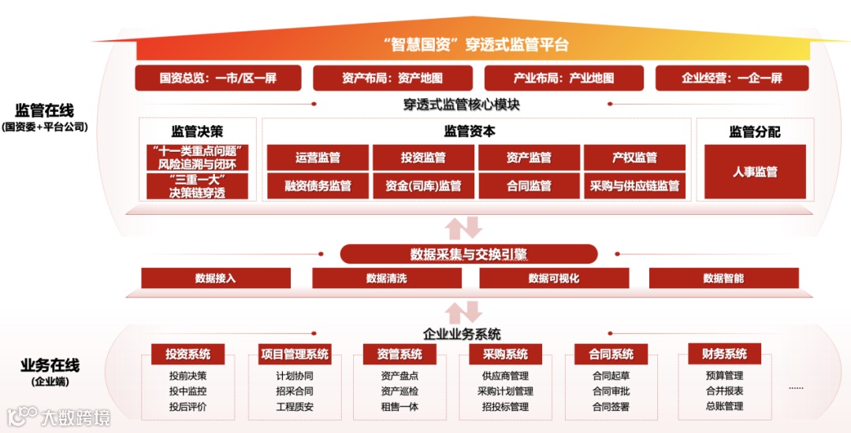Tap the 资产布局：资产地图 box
tap(392, 78)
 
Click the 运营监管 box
tap(318, 157)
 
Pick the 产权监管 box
tap(634, 157)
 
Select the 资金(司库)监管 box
tap(423, 187)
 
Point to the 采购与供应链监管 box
tap(634, 187)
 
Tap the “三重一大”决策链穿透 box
tap(197, 187)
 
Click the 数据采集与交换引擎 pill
tap(469, 254)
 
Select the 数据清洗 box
tap(386, 278)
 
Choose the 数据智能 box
tap(723, 278)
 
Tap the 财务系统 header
tap(718, 354)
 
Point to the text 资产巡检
tap(399, 391)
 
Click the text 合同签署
tap(611, 407)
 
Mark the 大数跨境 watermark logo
tap(60, 415)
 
